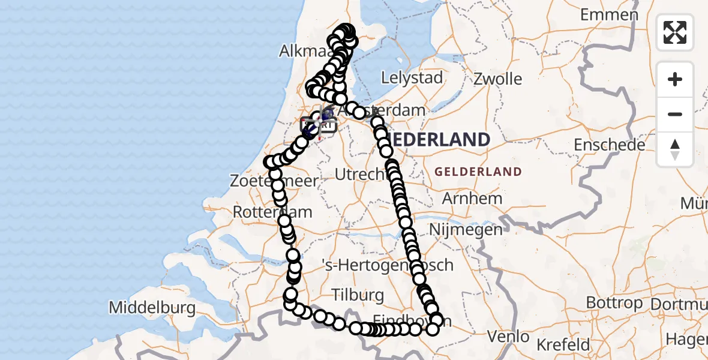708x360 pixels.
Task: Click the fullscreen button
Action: coord(675,32)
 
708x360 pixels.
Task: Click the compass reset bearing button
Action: coord(675,149)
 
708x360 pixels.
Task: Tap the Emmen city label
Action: coord(609,15)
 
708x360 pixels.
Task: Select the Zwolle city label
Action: coord(497,79)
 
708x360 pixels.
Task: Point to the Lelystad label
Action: coord(412,77)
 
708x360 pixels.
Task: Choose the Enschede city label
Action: coord(609,145)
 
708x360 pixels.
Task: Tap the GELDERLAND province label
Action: coord(478,172)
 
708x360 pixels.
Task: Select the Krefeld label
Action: coord(563,345)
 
